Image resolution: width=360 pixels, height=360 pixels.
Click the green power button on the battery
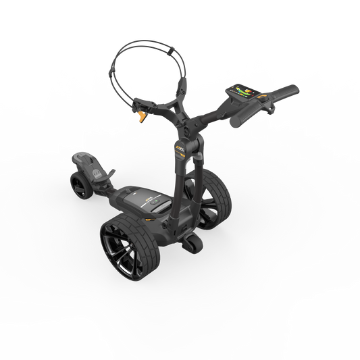[x=156, y=201]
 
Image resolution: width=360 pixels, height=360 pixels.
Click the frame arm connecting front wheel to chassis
[x=108, y=189]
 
